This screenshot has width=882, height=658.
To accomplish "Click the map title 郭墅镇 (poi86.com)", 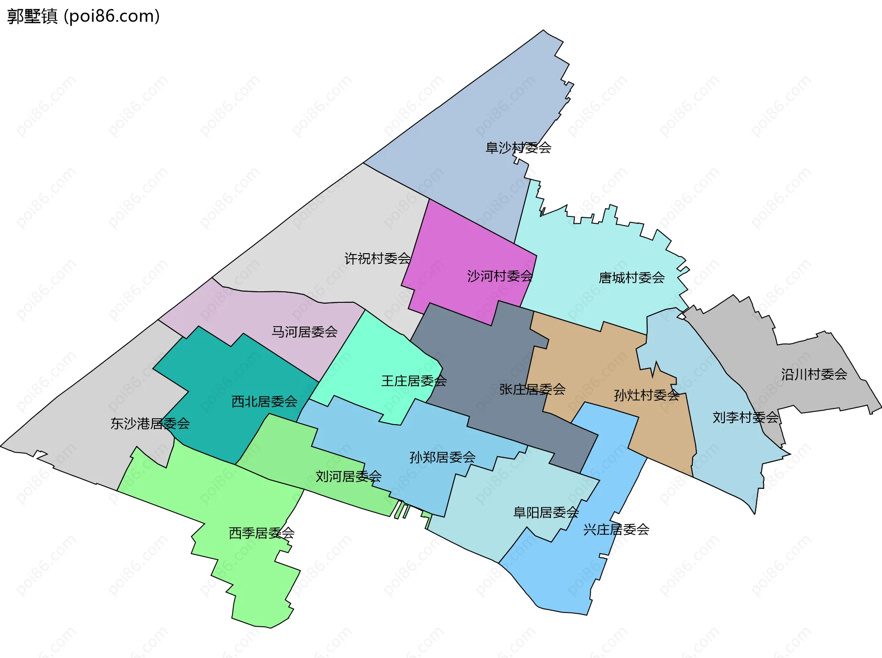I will [84, 16].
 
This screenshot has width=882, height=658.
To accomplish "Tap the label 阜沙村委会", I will [518, 147].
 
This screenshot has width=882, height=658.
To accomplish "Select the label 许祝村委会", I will [377, 259].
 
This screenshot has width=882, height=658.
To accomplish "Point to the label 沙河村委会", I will [500, 276].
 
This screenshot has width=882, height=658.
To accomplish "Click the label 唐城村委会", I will [632, 278].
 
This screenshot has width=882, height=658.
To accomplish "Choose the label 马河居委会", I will [305, 332].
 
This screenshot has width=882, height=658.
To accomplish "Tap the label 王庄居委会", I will [414, 381].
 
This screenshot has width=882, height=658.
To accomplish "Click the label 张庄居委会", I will [532, 389].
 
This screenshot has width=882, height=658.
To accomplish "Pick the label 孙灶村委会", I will [646, 395].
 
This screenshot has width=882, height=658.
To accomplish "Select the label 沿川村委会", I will [814, 374].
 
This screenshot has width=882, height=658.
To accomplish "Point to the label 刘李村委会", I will [746, 417].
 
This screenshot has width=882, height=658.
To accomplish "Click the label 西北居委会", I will [264, 402].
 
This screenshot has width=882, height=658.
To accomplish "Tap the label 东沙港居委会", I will [150, 424].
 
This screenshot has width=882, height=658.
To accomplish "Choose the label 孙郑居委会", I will [442, 457].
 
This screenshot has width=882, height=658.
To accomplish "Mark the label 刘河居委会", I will [349, 476].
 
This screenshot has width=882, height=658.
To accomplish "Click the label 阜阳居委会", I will [546, 512].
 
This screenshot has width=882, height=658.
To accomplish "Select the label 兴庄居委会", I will [616, 530].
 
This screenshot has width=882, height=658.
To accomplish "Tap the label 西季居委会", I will [261, 533].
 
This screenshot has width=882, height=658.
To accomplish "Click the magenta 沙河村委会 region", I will [459, 248].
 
